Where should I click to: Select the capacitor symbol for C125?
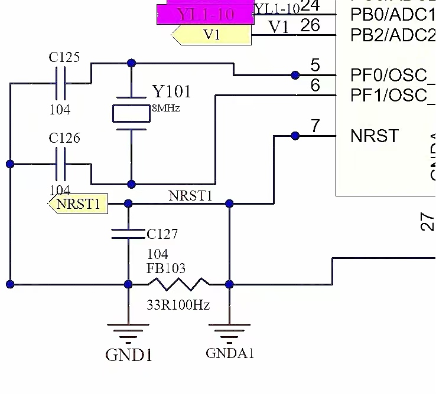[60, 83]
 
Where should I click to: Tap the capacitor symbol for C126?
[60, 164]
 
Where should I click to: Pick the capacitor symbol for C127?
[128, 234]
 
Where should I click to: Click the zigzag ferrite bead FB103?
[178, 284]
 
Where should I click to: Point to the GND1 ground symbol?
[128, 333]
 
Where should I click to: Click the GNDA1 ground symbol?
[230, 333]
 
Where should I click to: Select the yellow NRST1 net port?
[78, 204]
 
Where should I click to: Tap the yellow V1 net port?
[211, 35]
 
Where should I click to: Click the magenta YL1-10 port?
[205, 14]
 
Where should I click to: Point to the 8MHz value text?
[166, 109]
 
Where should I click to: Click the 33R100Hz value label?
[178, 305]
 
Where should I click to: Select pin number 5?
[315, 65]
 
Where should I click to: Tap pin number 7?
[315, 126]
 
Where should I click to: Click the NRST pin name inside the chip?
[375, 136]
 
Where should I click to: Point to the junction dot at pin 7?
[295, 136]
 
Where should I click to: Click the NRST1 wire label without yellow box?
[190, 196]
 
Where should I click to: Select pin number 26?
[310, 25]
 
